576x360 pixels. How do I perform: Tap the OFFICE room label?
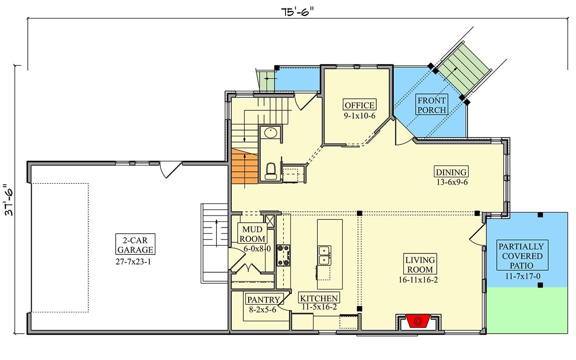click(x=360, y=105)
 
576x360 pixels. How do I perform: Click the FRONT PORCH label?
click(x=432, y=105)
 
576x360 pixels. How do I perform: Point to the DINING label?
click(x=451, y=172)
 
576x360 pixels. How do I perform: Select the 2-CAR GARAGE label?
click(x=135, y=244)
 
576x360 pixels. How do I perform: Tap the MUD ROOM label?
click(x=252, y=234)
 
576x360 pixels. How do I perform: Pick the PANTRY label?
click(x=264, y=300)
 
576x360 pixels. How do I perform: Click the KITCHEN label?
click(x=319, y=298)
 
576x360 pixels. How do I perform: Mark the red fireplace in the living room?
click(x=417, y=320)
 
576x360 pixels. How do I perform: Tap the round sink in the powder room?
click(x=270, y=132)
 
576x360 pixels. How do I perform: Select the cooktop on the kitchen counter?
click(x=283, y=255)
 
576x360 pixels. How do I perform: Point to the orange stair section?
click(x=244, y=166)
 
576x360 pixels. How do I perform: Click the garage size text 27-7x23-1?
click(x=135, y=262)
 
